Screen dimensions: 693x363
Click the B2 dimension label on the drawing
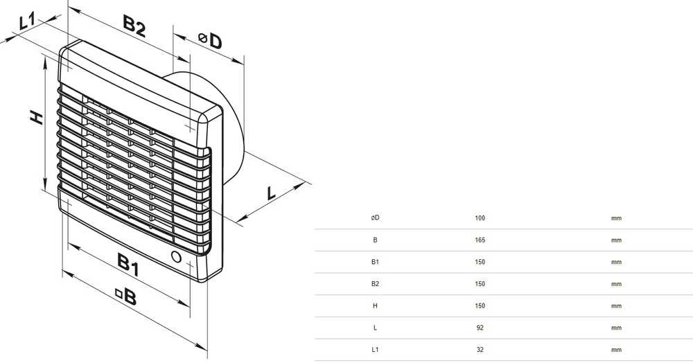point(134,26)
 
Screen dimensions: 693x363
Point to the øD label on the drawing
point(210,41)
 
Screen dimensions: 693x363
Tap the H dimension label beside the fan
point(37,118)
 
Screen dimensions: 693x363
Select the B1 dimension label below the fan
point(129,264)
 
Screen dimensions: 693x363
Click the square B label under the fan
point(126,296)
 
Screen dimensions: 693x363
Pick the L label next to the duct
point(270,193)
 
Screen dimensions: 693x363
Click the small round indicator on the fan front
point(176,256)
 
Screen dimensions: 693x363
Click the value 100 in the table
point(480,218)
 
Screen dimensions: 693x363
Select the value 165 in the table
point(480,240)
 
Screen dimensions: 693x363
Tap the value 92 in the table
point(480,328)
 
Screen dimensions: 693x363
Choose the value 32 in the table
point(480,350)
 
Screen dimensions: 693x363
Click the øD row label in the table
point(375,218)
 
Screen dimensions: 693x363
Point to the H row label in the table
point(375,306)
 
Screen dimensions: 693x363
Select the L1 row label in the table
point(375,350)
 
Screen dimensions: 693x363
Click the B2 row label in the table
point(375,284)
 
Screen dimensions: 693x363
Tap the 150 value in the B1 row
point(480,262)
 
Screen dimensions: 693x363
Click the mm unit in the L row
point(616,328)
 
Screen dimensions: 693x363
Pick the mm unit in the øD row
point(616,219)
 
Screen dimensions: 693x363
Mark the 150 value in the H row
point(480,306)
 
